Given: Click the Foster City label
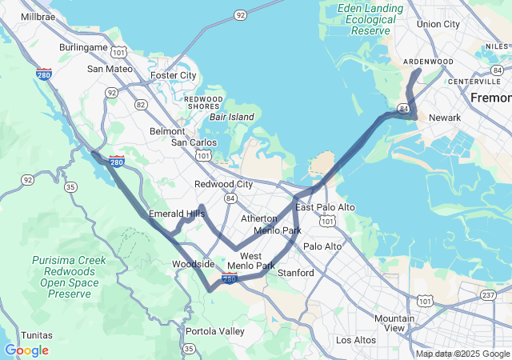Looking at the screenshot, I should point(173,76).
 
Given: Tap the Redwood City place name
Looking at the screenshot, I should point(223,184).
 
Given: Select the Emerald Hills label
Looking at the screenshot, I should point(177,214).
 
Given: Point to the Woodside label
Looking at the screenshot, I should point(193,264).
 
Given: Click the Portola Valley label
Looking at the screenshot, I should point(215,331).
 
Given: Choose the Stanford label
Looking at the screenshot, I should point(295,273).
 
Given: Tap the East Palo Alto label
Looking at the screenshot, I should point(325,207).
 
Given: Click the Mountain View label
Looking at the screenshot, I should point(394,323).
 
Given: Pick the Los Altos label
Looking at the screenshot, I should point(355,340).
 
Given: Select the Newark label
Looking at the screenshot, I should point(445,118).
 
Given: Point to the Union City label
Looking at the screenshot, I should point(438,24).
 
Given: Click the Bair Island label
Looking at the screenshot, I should point(232,117).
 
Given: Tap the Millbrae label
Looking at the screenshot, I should point(38,16).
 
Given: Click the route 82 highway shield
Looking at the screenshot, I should point(141,104).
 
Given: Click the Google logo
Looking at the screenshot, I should point(26,350).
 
